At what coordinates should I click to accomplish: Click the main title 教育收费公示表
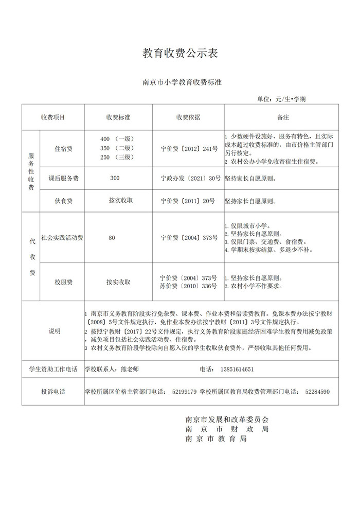coord(180,53)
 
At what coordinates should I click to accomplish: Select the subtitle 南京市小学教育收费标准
coord(180,82)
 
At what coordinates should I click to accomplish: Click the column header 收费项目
coord(53,117)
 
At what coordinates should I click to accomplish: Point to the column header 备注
coord(283,117)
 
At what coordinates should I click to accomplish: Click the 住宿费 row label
coord(63,149)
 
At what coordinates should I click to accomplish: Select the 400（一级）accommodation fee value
coord(118,139)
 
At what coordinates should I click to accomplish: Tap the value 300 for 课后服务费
coord(115,178)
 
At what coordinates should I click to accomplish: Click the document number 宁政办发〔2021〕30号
coord(190,178)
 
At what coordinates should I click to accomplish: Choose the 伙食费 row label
coord(63,201)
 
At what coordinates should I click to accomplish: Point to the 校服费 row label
coord(63,282)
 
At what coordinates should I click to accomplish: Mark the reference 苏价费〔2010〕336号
coord(189,286)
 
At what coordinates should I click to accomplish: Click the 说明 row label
coord(54,331)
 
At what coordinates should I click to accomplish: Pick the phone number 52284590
coord(317,392)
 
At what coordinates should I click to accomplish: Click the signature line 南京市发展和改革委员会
coord(226,419)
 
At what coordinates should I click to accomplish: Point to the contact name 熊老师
coord(130,370)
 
